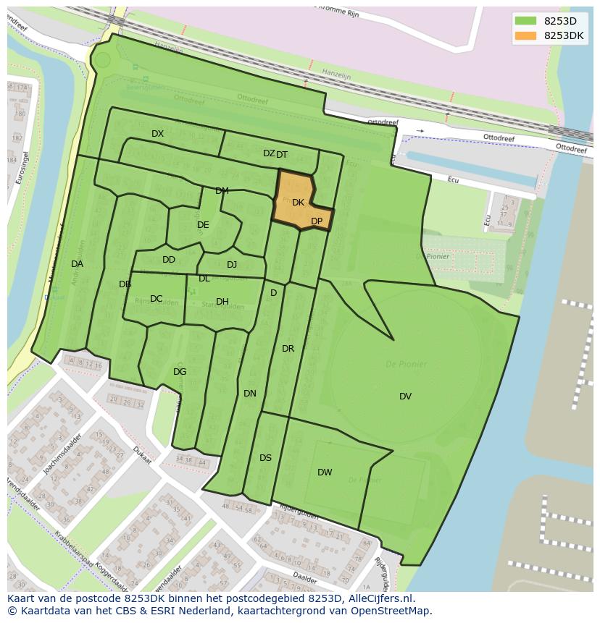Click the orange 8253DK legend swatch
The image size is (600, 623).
[526, 36]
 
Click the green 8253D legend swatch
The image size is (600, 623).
[526, 20]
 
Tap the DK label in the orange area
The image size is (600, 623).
[298, 203]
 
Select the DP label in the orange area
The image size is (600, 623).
[317, 221]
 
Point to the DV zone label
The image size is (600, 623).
[405, 396]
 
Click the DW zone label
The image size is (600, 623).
[325, 472]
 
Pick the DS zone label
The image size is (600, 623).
[265, 458]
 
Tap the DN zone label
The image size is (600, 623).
[250, 394]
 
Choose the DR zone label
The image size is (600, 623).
[288, 349]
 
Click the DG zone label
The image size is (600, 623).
[180, 372]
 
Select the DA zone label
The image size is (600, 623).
[77, 264]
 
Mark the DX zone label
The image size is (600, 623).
[157, 134]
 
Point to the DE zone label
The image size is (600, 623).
[203, 225]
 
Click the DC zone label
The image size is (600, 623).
[156, 299]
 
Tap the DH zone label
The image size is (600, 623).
[222, 302]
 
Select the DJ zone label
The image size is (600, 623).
[232, 265]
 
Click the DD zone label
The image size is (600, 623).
[169, 260]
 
